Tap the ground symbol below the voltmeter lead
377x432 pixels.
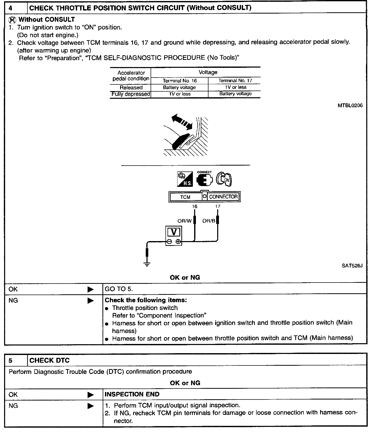(x=147, y=264)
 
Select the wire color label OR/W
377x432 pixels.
(x=184, y=221)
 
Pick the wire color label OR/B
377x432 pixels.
(x=209, y=221)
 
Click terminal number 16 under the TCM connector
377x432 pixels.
(x=195, y=206)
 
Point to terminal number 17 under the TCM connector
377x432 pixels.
(x=217, y=206)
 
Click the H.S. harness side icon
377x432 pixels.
(x=185, y=179)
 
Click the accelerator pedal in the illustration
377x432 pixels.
(x=181, y=141)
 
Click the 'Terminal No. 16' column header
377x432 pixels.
(x=180, y=81)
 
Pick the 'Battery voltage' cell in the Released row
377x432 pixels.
(x=179, y=87)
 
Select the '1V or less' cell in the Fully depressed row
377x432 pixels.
(x=180, y=94)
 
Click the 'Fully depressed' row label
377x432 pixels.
(x=131, y=94)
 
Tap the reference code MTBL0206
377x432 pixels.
(x=350, y=105)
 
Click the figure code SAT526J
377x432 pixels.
(x=352, y=266)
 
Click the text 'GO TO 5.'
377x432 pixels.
(x=119, y=289)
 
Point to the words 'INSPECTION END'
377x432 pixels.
(x=132, y=394)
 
